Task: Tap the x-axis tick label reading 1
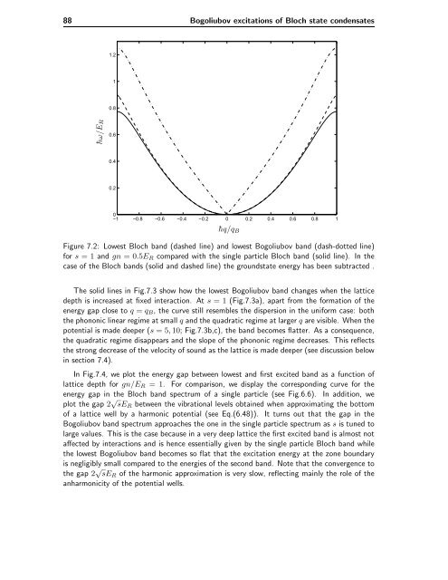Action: [x=337, y=217]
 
